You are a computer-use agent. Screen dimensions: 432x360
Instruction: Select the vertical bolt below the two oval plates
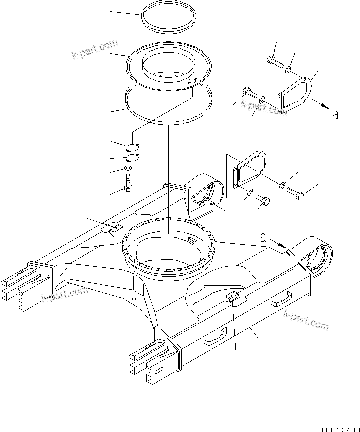129,183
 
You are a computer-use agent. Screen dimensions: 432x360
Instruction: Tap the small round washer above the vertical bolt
129,169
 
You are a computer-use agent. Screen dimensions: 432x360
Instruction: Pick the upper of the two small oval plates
133,147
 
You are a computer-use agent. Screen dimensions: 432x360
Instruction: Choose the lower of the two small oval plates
132,158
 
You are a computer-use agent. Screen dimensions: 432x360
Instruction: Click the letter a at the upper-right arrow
335,115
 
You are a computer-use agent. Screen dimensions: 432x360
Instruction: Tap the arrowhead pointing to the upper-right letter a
324,106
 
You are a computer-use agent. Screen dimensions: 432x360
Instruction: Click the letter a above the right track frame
263,238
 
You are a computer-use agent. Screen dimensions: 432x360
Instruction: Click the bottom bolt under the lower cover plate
263,201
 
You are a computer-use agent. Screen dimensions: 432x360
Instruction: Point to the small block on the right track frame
231,298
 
